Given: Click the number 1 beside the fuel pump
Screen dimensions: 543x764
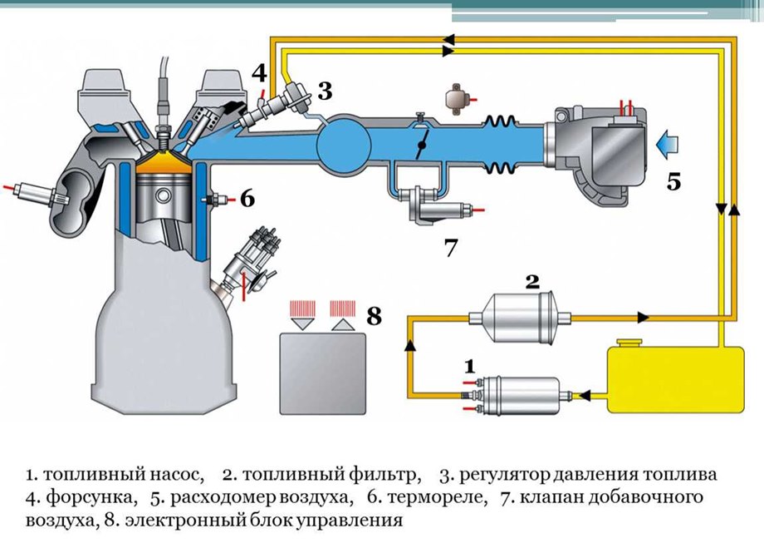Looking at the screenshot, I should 470,365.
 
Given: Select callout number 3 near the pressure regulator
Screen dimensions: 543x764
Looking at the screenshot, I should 325,89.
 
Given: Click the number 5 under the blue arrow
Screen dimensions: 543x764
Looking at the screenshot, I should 673,181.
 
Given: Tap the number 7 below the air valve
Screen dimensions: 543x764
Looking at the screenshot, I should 451,247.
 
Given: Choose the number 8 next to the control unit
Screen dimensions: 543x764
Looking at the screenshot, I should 375,316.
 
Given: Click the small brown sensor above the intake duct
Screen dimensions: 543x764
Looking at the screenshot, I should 458,96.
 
